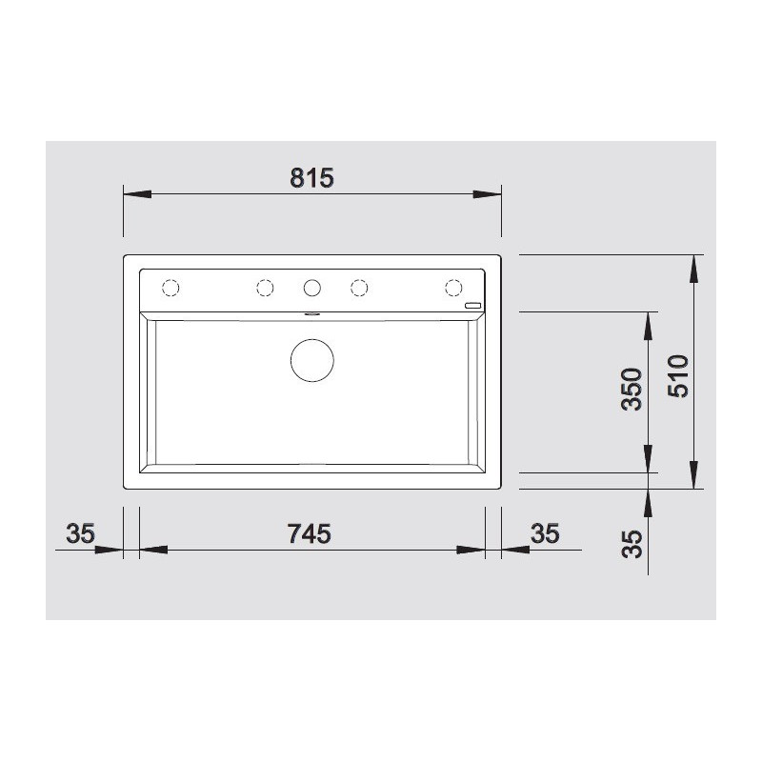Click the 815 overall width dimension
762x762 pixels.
[312, 177]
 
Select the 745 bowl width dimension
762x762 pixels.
[309, 534]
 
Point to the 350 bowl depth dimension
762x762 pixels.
[632, 389]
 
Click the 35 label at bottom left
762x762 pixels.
[81, 534]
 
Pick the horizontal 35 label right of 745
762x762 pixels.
[544, 534]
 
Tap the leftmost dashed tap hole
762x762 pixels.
[171, 287]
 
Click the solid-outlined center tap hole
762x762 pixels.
[311, 287]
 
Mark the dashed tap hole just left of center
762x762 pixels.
[265, 287]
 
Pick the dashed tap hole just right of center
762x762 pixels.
[359, 287]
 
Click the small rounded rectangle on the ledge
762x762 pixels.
[473, 306]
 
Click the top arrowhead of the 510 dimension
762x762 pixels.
[694, 269]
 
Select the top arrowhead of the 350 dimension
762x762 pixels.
[649, 325]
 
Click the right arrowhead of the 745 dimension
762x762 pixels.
[471, 551]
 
